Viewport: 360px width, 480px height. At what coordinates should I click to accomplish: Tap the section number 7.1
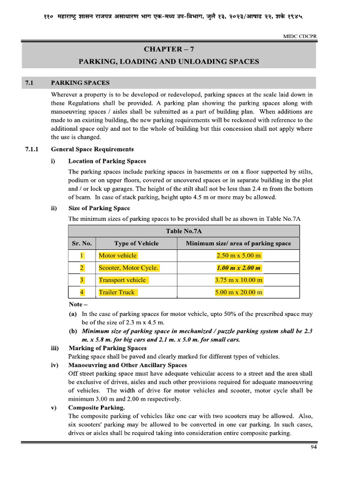[30, 83]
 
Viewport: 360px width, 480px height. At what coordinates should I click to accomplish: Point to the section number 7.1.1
[32, 149]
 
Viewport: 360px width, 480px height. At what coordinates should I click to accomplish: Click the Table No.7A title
[184, 231]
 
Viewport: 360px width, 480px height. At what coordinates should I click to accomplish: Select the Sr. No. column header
[82, 243]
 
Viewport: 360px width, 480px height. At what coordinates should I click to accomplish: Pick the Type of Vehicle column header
[136, 243]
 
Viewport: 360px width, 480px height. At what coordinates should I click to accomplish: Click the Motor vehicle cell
[118, 255]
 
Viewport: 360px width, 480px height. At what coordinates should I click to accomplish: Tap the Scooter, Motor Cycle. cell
[128, 268]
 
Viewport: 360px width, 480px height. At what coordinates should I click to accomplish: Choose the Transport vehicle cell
[122, 280]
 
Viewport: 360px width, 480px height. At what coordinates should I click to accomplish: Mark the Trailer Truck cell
[117, 292]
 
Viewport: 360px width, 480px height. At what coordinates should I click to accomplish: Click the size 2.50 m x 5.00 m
[239, 255]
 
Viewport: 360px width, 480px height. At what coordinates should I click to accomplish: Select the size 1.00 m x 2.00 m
[239, 268]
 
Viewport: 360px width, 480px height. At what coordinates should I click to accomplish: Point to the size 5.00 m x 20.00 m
[239, 292]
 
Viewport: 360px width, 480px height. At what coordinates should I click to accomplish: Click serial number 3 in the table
[82, 280]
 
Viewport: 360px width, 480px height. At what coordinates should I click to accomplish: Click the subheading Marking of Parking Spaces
[107, 348]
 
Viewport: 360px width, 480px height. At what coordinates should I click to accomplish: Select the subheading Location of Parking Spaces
[107, 161]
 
